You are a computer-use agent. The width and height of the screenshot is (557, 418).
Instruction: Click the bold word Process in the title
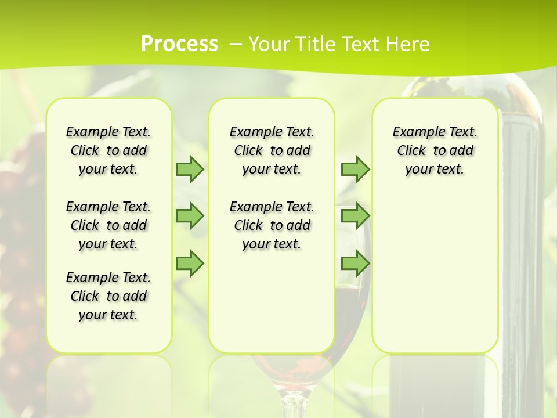(179, 44)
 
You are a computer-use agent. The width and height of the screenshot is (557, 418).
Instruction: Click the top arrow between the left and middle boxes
(190, 169)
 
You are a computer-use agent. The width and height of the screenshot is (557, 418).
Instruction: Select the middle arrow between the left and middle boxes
(190, 216)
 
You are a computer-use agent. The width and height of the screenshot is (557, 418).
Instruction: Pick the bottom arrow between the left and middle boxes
(190, 264)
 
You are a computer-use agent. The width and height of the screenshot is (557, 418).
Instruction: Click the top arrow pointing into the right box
(355, 169)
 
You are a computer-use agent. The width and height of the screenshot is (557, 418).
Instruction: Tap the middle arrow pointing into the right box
(355, 216)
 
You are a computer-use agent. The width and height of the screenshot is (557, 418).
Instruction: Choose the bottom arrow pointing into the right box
(355, 264)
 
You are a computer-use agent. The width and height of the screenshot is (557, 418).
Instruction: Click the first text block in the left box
(108, 150)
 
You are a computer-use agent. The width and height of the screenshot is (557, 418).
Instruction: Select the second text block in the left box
(108, 225)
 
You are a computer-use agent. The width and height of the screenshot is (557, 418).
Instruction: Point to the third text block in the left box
(108, 296)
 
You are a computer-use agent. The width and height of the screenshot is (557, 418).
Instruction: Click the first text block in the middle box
(272, 150)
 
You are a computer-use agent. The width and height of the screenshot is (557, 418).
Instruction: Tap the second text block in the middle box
(272, 225)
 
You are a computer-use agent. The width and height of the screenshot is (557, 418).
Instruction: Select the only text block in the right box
(435, 150)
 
